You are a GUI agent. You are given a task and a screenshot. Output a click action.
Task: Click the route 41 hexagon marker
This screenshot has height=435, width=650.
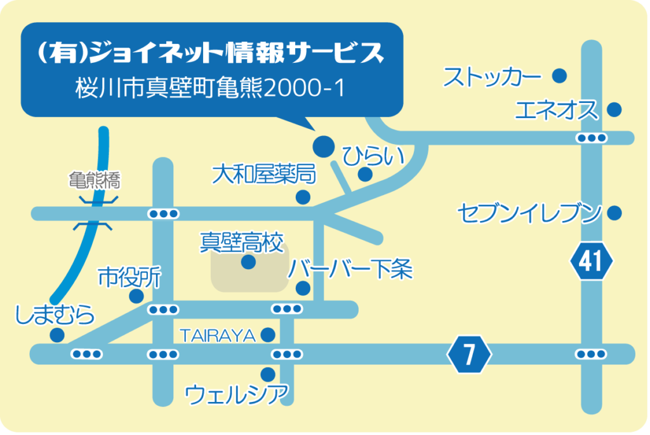tap(592, 261)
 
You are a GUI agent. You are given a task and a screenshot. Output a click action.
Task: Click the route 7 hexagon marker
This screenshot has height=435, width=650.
tap(469, 354)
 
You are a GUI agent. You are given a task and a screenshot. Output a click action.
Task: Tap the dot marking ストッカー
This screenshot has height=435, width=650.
tap(560, 76)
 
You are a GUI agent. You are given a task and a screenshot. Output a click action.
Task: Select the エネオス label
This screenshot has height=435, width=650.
tap(557, 110)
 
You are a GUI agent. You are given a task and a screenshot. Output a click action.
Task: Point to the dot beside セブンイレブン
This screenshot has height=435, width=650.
tap(614, 213)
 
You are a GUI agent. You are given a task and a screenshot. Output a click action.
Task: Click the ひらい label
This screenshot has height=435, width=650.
tap(373, 156)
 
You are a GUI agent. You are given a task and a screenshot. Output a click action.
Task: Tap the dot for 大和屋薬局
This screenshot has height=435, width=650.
tap(303, 197)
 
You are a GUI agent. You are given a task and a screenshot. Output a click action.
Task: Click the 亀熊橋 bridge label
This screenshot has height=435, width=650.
tap(95, 180)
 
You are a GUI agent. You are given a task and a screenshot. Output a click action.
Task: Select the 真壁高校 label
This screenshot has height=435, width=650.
tap(242, 242)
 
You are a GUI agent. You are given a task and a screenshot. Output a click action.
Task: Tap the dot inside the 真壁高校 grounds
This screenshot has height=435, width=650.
tap(248, 262)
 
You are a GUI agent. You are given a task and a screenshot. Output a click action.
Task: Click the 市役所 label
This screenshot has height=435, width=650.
tap(129, 278)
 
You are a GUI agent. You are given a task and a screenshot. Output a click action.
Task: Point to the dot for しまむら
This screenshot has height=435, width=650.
tap(56, 335)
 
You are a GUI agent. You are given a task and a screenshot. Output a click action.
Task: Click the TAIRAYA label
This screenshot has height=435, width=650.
tap(218, 336)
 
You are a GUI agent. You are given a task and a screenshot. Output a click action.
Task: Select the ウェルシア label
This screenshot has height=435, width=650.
tap(236, 394)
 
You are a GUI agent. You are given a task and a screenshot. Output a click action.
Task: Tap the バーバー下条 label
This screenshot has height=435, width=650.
tap(350, 269)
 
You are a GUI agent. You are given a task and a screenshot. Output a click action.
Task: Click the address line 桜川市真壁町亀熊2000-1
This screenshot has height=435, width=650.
tap(210, 88)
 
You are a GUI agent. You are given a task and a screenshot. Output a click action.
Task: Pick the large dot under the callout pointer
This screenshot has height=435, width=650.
tap(323, 147)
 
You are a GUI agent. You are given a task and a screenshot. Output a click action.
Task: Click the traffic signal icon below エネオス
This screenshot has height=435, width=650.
tap(592, 138)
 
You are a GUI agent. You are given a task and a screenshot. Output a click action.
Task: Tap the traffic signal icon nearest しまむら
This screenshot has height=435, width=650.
tap(86, 354)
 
